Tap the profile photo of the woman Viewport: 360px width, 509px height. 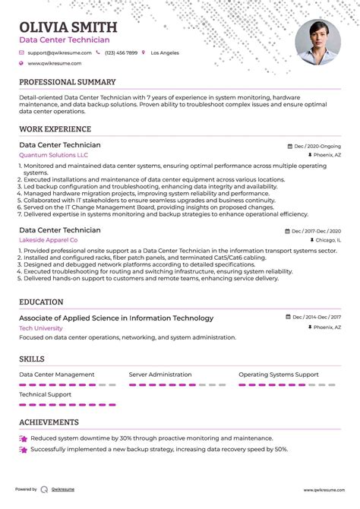(x=317, y=41)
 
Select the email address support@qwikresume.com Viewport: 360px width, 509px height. (x=59, y=53)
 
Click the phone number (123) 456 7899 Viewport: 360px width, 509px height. (x=122, y=53)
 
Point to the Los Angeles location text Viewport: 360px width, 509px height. (x=165, y=53)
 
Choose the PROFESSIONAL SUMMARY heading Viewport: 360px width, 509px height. (x=68, y=82)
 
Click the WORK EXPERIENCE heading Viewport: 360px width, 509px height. (x=55, y=129)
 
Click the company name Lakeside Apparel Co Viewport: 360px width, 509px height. (x=49, y=240)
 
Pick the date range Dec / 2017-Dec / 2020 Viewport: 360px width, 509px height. (x=314, y=230)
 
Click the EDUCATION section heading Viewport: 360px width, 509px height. (x=41, y=302)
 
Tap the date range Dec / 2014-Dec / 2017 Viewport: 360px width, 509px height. (x=314, y=318)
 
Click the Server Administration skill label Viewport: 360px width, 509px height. (x=160, y=375)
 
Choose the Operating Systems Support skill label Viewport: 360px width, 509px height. (x=279, y=375)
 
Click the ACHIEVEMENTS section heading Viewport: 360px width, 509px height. (x=49, y=422)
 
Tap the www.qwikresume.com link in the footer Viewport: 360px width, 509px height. (x=323, y=490)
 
